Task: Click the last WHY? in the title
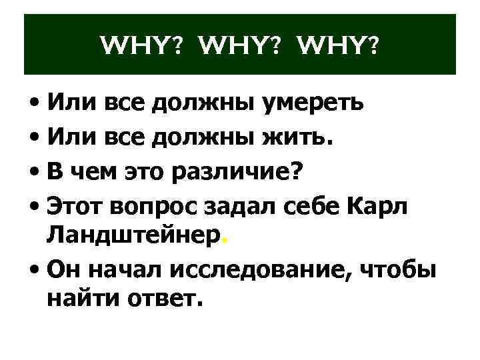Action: coord(335,46)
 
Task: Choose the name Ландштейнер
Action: coord(133,237)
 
